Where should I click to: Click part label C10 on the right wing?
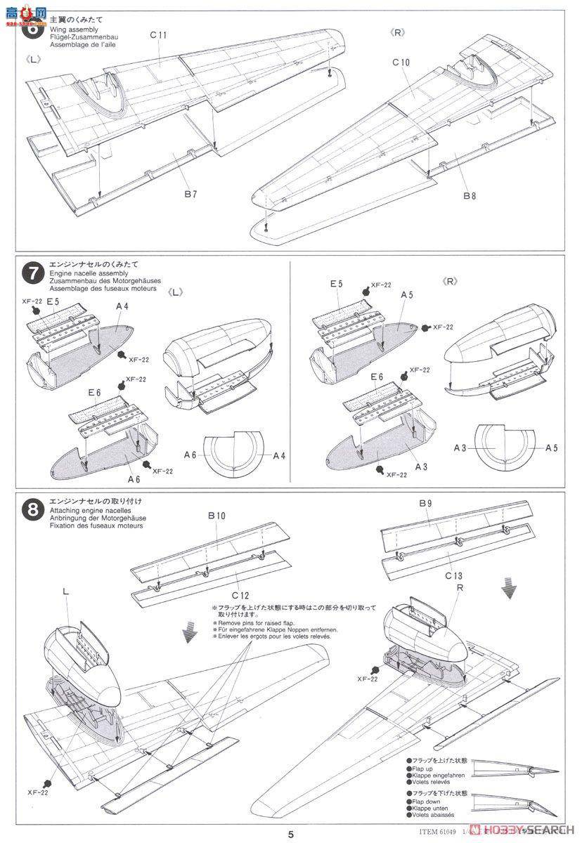coord(401,63)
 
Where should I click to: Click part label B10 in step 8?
coord(216,516)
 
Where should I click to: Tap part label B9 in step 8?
coord(426,503)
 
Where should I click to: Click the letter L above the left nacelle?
coord(65,593)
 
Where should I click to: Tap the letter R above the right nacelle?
coord(459,587)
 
